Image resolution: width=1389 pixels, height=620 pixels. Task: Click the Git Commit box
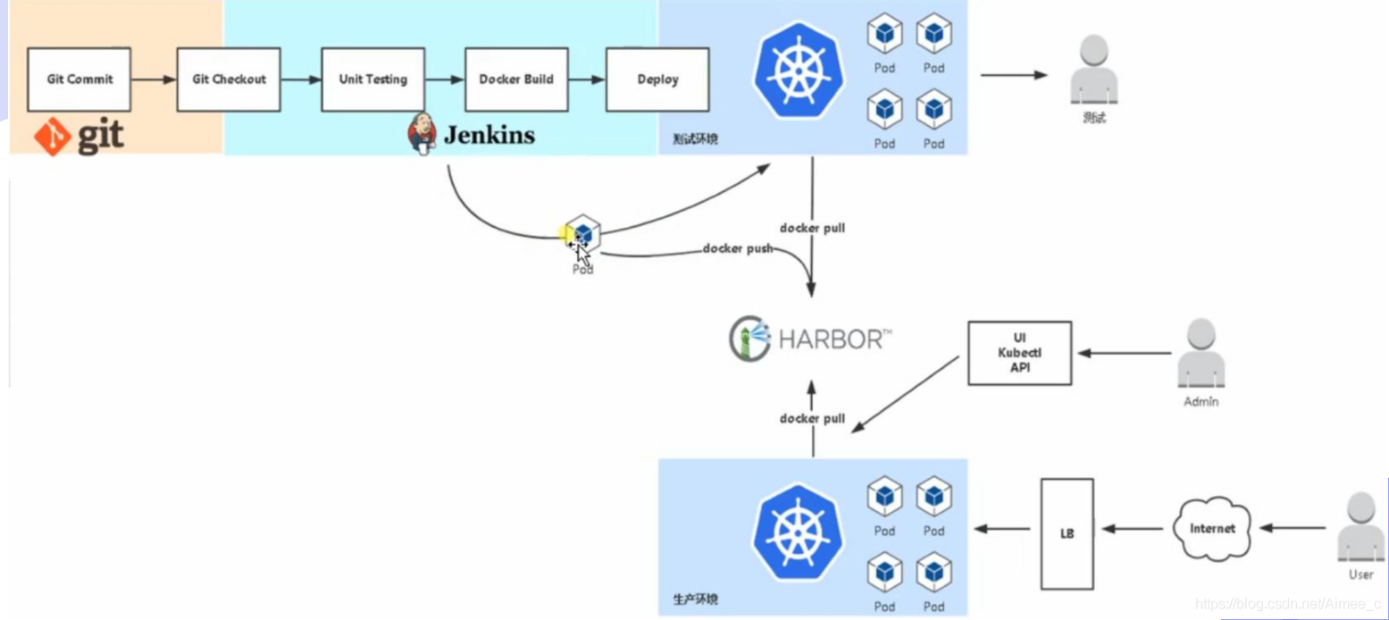click(79, 80)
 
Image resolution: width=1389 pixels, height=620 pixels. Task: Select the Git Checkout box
click(229, 80)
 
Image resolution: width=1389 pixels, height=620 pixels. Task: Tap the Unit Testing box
click(372, 80)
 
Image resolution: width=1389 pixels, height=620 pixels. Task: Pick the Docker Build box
click(515, 80)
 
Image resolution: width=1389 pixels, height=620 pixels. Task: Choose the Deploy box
click(657, 80)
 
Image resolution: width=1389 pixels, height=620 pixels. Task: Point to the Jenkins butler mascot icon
click(423, 134)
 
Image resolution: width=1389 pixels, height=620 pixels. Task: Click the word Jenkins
click(489, 136)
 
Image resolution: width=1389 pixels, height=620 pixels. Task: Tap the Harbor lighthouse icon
click(749, 339)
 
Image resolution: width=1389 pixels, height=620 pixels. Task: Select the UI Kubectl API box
click(1019, 353)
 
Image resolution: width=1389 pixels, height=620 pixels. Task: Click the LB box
click(1067, 533)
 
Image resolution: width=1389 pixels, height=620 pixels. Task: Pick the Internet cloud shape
click(1211, 528)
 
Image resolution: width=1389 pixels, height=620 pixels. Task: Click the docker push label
click(737, 248)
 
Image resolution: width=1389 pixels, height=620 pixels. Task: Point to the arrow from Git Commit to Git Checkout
click(154, 80)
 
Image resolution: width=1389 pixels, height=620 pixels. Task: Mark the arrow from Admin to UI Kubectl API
click(1125, 353)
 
